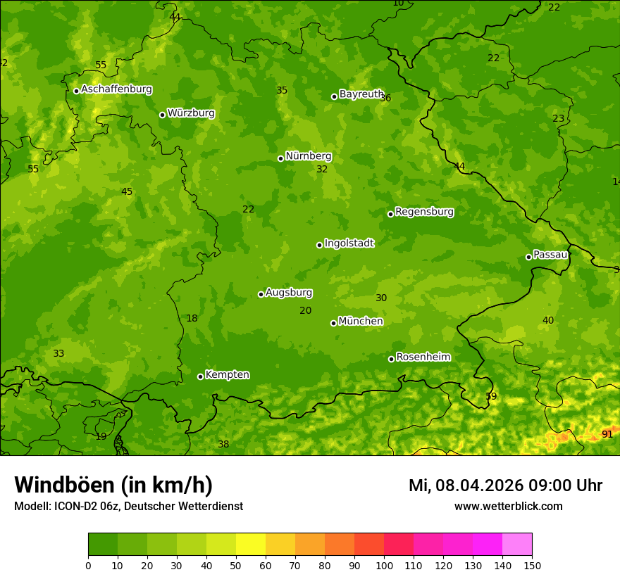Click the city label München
360,322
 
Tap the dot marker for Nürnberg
280,158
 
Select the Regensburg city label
424,212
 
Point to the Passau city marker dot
528,257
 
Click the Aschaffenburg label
116,89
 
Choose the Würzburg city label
191,113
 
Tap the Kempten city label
227,375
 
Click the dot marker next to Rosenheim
391,359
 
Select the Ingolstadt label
349,243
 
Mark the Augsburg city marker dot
261,294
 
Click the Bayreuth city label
361,94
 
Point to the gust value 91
607,435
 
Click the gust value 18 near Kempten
192,319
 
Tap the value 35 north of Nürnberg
282,91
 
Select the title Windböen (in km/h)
113,485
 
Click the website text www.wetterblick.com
508,507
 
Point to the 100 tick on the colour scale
384,565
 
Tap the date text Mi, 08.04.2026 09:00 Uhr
505,485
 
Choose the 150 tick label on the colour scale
531,565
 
